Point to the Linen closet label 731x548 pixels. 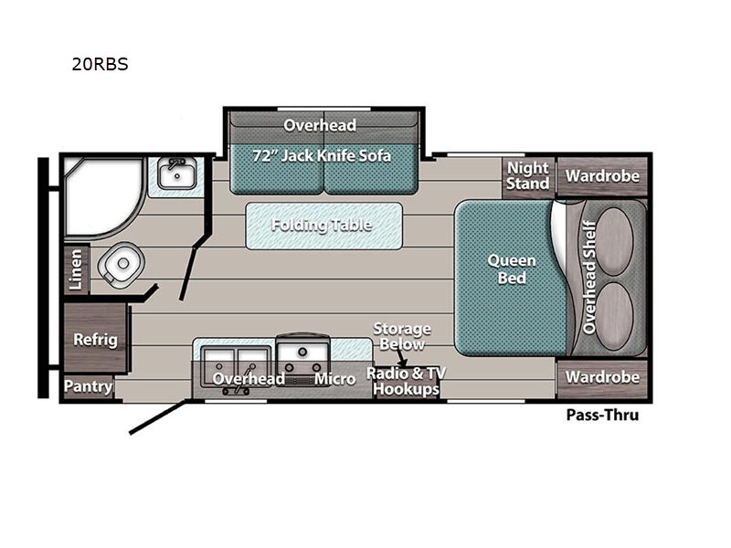coord(77,270)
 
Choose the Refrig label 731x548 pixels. coord(95,340)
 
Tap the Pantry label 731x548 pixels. coord(88,386)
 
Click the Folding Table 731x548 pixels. coord(322,225)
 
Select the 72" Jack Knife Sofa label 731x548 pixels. coord(322,155)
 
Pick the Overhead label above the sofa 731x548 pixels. coord(320,124)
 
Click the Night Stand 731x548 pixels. coord(528,175)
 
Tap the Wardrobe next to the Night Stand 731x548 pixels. coord(601,175)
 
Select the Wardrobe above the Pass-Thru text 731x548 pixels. coord(601,376)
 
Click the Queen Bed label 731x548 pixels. coord(512,269)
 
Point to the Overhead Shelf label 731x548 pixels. coord(589,276)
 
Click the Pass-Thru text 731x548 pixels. coord(602,416)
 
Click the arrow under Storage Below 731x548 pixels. coord(401,361)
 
